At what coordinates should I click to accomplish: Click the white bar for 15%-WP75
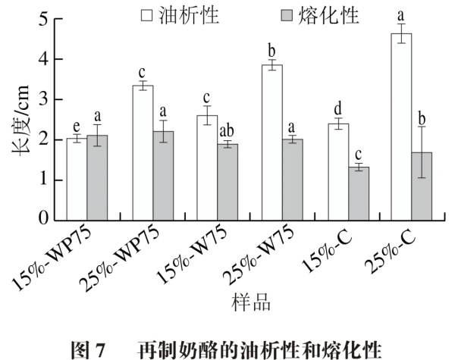coord(77,180)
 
